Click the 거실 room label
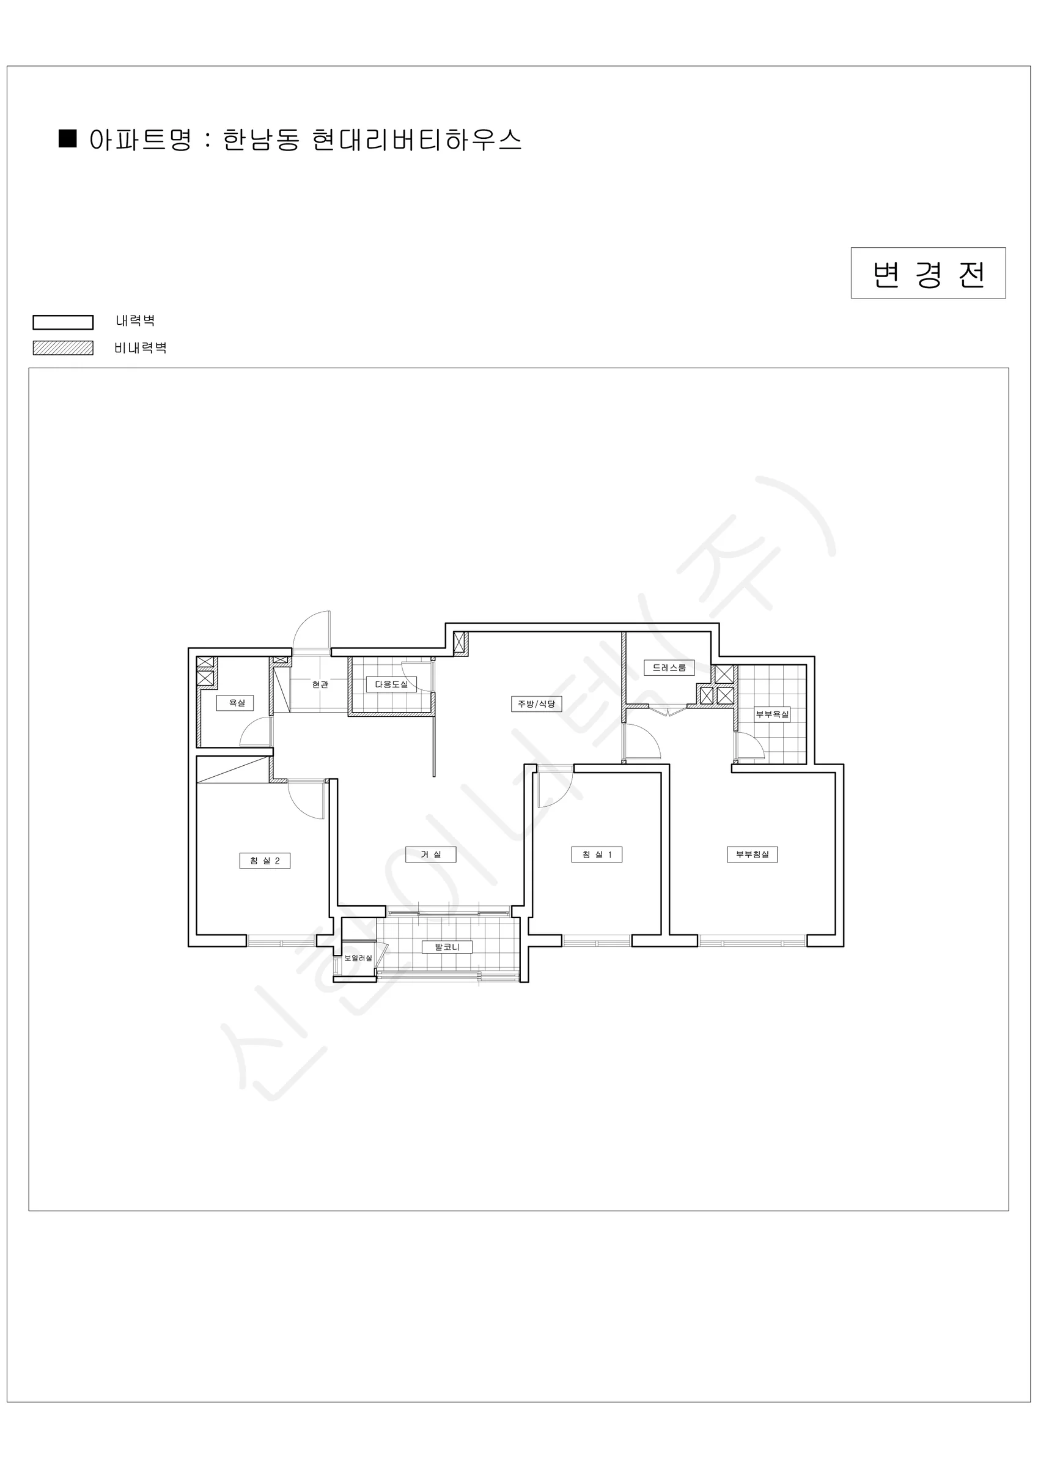[431, 854]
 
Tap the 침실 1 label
[597, 854]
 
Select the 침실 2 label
[265, 861]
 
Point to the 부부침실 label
[753, 854]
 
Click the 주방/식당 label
[536, 704]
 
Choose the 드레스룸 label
[669, 667]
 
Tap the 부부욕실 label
[772, 714]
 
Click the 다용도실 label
[391, 684]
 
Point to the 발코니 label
[447, 947]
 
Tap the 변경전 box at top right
[928, 273]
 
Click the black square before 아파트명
[68, 139]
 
